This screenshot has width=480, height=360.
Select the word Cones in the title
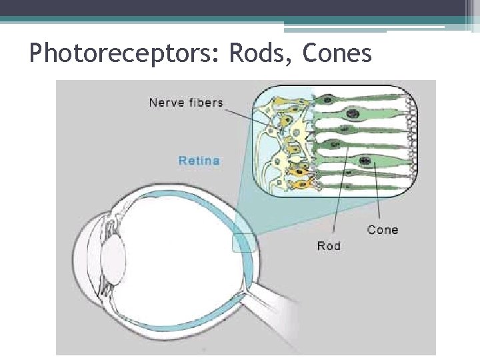[337, 53]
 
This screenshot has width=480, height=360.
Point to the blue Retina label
[199, 161]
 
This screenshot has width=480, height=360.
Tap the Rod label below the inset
[329, 246]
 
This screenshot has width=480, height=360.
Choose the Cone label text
[383, 229]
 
